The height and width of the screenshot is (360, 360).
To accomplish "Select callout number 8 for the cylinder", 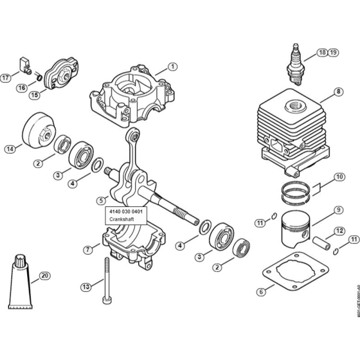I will [x=337, y=92].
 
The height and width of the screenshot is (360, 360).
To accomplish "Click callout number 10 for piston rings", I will [x=338, y=176].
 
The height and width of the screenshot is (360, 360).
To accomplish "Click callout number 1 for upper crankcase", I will [x=172, y=66].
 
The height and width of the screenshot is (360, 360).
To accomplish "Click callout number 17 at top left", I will [x=6, y=78].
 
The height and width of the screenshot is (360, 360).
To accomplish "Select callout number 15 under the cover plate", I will [x=34, y=95].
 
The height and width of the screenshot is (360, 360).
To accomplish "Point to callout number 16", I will [x=21, y=87].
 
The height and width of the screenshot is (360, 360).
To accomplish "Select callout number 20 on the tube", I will [x=44, y=276].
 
